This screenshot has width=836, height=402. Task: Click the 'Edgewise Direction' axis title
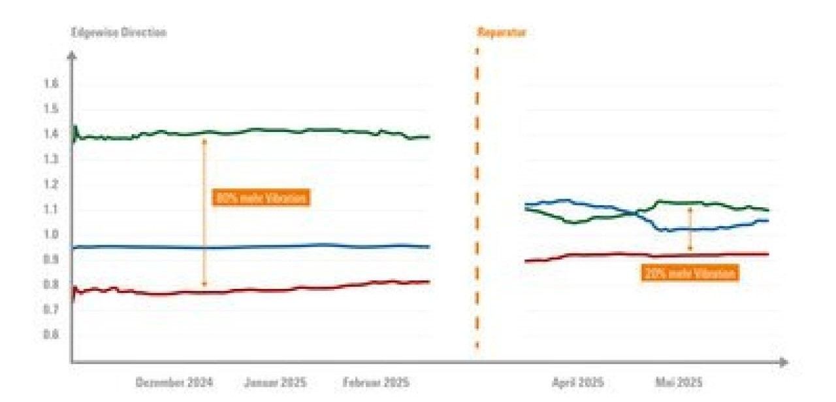(x=120, y=33)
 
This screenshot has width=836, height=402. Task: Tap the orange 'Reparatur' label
(x=501, y=33)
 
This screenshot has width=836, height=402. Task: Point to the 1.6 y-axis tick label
(x=52, y=84)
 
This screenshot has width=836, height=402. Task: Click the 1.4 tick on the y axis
(x=52, y=134)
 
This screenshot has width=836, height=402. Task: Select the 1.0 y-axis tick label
(x=52, y=235)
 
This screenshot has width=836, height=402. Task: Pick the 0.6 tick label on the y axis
(x=52, y=335)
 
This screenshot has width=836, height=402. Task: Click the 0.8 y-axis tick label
(x=52, y=284)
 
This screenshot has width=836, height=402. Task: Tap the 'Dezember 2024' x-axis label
(x=174, y=382)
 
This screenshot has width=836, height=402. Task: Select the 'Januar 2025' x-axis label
(x=275, y=382)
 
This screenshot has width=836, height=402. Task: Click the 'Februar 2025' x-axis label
(x=376, y=382)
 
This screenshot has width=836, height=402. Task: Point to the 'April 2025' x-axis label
(x=577, y=382)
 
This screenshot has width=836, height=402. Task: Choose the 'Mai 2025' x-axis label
(x=679, y=382)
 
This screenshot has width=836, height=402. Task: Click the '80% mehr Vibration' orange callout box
(x=260, y=198)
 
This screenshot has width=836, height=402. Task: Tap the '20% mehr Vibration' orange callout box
(x=689, y=273)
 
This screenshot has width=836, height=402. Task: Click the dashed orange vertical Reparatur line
(x=477, y=196)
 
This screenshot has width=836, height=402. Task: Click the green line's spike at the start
(x=75, y=127)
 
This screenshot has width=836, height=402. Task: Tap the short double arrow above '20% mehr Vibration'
(x=690, y=229)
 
